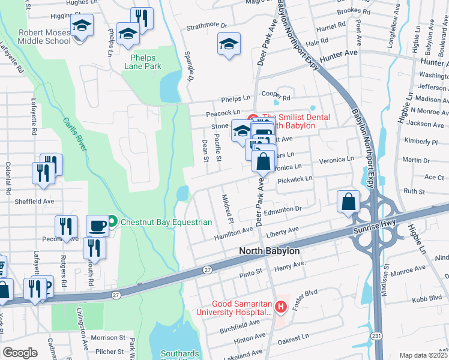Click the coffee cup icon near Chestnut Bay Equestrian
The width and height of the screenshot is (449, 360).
(97, 226)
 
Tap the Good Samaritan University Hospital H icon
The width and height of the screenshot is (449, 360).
(280, 307)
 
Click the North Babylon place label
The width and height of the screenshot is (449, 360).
(268, 251)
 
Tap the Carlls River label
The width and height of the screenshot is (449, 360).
(74, 133)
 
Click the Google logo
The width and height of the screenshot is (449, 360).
(20, 352)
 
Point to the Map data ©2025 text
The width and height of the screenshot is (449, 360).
(423, 355)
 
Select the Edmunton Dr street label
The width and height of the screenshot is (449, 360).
(282, 209)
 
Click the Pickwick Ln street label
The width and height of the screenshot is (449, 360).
(294, 179)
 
